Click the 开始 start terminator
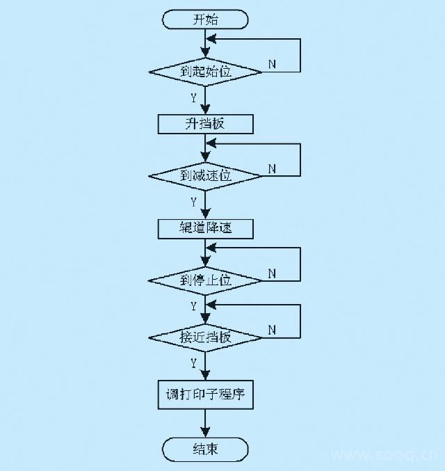[x=205, y=19]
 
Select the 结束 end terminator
[x=205, y=449]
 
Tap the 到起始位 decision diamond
[x=205, y=72]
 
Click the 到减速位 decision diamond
[x=205, y=176]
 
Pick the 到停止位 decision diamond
[x=205, y=280]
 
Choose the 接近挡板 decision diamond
[x=205, y=337]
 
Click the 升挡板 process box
[x=205, y=124]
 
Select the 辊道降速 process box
[x=205, y=228]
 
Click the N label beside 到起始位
[x=272, y=64]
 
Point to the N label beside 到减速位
[x=272, y=168]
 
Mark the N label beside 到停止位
[x=272, y=273]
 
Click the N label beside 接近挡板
[x=272, y=329]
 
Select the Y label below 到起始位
[x=193, y=98]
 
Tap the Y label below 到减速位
[x=193, y=202]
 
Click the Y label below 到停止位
[x=193, y=305]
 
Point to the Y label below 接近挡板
[x=193, y=362]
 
